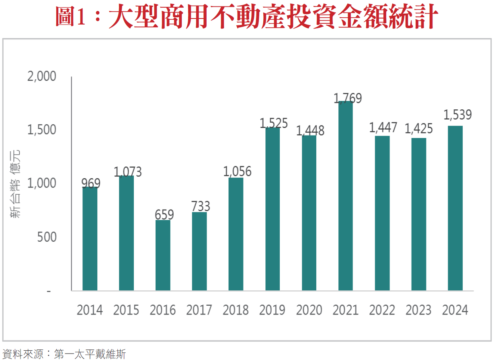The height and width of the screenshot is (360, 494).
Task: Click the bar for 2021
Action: (x=346, y=196)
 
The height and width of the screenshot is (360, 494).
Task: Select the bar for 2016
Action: (x=163, y=255)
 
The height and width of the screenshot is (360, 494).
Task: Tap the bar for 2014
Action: (x=90, y=239)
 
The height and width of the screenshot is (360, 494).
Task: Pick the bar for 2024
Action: (x=455, y=208)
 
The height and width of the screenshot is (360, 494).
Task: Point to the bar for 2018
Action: (x=236, y=234)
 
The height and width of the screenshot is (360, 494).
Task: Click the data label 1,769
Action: (x=348, y=98)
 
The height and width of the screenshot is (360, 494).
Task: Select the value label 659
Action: (x=164, y=214)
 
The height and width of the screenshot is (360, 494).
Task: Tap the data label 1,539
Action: (x=457, y=115)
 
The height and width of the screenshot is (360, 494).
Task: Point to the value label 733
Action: (x=200, y=206)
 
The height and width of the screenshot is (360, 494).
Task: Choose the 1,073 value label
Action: (x=128, y=172)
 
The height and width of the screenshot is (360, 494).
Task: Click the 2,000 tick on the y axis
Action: (x=41, y=76)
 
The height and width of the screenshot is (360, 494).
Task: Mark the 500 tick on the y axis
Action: (x=47, y=237)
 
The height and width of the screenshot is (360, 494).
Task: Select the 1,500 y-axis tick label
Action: (x=41, y=130)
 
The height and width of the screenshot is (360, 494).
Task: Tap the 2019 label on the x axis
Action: (x=273, y=310)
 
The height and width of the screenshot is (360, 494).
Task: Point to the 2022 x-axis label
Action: (x=382, y=310)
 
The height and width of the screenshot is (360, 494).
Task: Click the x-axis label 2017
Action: (x=199, y=310)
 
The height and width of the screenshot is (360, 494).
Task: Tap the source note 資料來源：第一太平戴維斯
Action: (x=64, y=354)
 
